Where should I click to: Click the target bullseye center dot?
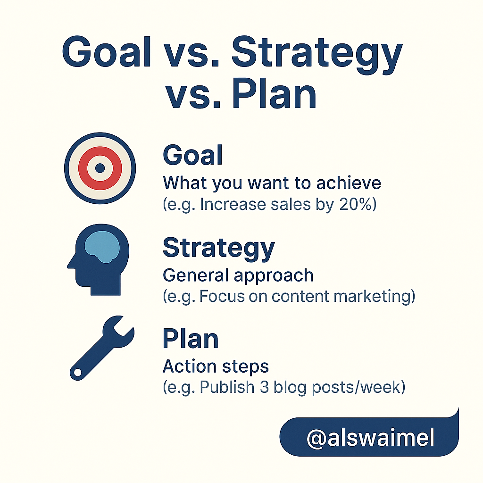point(100,168)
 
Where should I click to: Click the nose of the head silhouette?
point(70,264)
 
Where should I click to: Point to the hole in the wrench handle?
point(78,373)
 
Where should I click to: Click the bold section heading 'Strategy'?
point(219,248)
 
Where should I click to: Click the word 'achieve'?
point(349,183)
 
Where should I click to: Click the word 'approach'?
point(274,275)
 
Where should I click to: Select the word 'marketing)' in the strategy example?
point(374,296)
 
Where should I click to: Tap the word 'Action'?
point(190,366)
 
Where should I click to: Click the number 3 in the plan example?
point(264,387)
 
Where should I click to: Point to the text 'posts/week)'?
point(358,388)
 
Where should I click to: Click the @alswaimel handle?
point(370,438)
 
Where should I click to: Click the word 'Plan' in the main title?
point(274,93)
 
